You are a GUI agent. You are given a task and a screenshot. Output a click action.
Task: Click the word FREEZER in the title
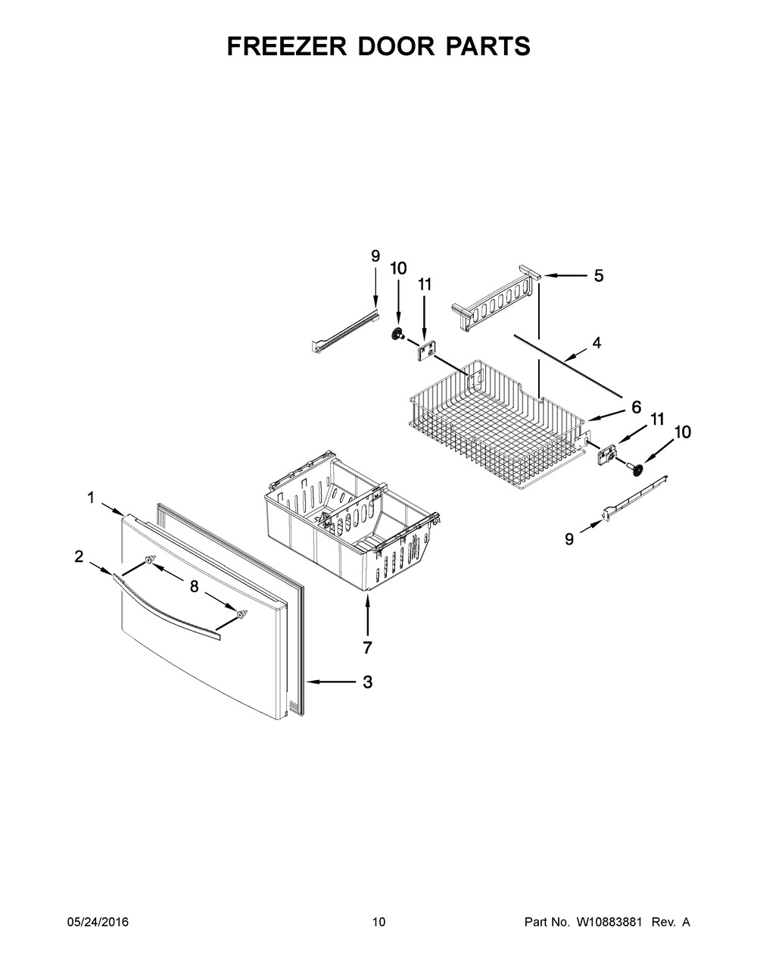tap(287, 46)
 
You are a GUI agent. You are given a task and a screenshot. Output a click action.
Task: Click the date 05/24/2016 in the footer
tap(98, 922)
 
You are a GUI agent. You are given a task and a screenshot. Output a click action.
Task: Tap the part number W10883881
tap(606, 922)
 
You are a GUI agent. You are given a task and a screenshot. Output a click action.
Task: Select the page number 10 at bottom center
tap(379, 922)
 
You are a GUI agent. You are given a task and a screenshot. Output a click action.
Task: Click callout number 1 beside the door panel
tap(91, 498)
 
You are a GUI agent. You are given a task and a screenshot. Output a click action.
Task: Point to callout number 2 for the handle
tap(79, 557)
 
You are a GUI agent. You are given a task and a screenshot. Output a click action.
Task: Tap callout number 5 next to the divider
tap(598, 276)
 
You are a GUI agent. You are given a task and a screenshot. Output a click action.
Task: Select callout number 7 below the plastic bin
tap(367, 648)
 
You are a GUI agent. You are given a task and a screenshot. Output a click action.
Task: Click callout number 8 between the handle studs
tap(195, 586)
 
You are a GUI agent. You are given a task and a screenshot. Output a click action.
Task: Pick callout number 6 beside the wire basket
tap(636, 407)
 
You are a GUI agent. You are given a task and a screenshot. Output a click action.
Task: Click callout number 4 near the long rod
tap(597, 343)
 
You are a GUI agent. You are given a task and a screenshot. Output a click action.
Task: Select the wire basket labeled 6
tap(498, 424)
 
